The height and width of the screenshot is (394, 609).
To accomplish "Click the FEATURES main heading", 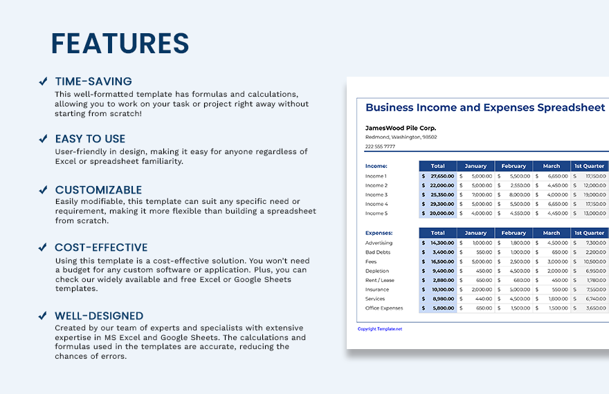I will click(120, 44).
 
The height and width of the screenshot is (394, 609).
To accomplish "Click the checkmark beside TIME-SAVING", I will click(43, 82).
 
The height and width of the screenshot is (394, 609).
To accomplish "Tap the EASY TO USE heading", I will click(90, 139).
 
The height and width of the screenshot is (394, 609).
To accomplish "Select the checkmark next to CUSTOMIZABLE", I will click(43, 190).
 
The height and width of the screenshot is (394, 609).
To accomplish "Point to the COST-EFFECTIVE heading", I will click(101, 247).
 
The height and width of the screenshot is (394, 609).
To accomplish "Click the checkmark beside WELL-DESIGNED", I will click(43, 316).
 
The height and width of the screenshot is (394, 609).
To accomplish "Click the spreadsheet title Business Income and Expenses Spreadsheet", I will click(485, 108).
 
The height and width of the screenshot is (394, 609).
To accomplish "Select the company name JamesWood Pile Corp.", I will click(401, 128).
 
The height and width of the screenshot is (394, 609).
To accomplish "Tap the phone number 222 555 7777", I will click(380, 146).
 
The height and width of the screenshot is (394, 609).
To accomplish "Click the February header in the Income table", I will click(513, 166).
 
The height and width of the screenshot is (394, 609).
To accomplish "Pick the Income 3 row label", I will click(376, 195).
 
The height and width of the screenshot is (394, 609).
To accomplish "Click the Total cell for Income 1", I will click(438, 176).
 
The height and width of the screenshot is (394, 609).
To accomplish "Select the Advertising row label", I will click(379, 243).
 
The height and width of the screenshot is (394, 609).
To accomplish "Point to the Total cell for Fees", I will click(438, 262).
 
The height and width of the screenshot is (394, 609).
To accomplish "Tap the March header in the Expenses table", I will click(552, 233).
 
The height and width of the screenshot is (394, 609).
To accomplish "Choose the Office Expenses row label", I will click(384, 308).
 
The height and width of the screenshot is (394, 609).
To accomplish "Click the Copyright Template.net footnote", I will click(380, 329).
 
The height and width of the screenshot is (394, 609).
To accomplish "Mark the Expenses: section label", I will click(379, 233).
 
